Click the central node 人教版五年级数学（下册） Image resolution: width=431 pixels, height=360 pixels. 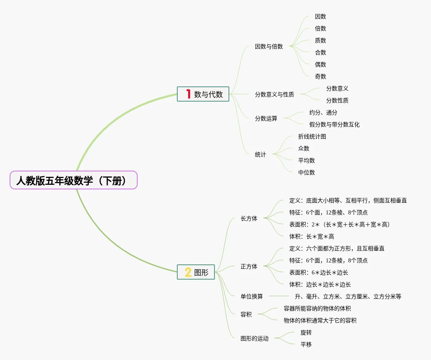coord(73,180)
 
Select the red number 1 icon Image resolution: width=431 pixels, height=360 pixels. coord(188,94)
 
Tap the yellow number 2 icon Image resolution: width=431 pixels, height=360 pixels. coord(188,272)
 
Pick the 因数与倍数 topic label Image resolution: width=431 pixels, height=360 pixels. coord(269,46)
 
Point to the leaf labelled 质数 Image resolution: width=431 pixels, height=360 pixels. coord(320,40)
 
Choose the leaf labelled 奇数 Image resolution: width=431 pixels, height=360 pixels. coord(320,76)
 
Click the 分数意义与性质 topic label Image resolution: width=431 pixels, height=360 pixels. coord(274,94)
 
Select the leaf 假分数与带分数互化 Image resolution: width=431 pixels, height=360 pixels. coord(334,124)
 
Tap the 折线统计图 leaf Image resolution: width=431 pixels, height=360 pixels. coord(312,136)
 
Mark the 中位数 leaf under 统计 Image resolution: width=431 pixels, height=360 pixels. coord(306,172)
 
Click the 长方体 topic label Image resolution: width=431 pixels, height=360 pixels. coord(249,218)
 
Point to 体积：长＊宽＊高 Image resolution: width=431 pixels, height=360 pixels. coord(311,236)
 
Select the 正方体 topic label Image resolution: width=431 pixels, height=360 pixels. coord(249,266)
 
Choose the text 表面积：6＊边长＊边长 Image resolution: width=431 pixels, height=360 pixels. coord(319,272)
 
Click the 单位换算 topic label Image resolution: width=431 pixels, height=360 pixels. coord(252,296)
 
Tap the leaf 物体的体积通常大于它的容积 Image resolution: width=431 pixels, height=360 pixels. coord(320,320)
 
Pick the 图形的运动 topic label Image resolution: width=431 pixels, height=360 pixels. coord(255,338)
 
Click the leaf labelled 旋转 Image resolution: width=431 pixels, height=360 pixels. coord(306,332)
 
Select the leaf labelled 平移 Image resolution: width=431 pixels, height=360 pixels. coord(306,344)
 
